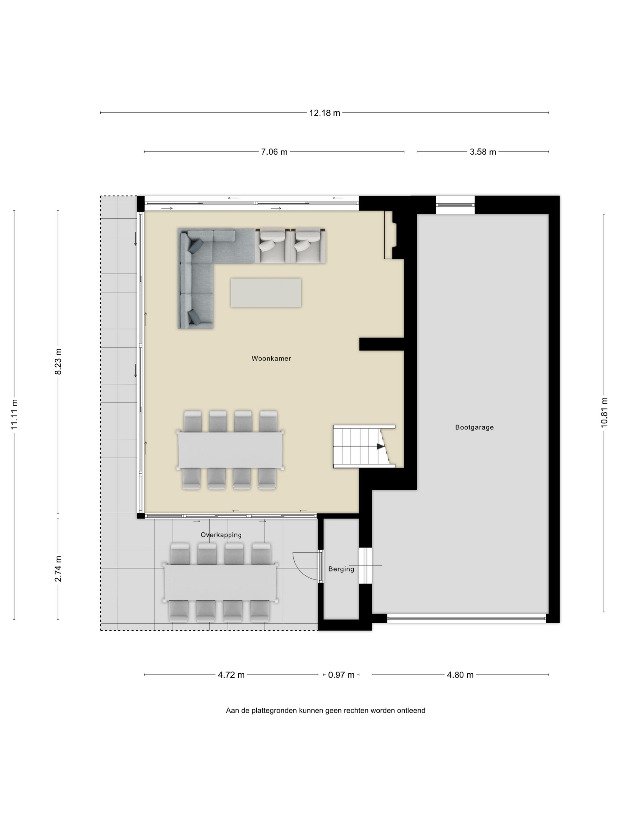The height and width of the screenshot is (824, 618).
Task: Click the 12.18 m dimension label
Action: point(325,113)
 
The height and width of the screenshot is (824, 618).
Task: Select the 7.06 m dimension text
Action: point(274,152)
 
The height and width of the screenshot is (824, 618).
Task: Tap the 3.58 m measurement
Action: point(483,152)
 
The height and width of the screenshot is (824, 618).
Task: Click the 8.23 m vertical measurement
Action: point(58,362)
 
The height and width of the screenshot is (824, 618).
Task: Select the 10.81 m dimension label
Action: point(604,412)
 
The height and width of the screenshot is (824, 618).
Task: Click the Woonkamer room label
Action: point(271,359)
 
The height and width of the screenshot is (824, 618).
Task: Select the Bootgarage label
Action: point(474,427)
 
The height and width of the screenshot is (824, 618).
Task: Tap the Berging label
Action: point(341,569)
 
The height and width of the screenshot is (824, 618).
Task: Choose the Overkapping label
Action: point(221,535)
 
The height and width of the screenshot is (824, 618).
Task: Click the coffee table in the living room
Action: point(266,293)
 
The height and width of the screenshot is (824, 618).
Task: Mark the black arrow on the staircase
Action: point(380,446)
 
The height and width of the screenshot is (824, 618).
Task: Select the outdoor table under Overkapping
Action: point(220,582)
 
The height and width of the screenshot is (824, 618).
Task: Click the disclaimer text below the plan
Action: point(325,711)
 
